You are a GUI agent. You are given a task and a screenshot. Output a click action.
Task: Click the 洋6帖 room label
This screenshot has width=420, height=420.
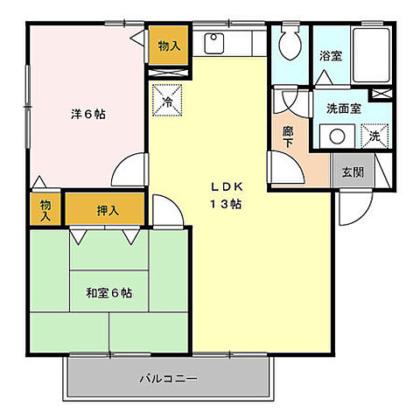coord(88,115)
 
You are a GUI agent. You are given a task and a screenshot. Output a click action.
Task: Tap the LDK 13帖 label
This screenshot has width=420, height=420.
coord(225,194)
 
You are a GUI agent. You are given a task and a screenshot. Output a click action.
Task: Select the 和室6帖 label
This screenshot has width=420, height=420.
coord(108,293)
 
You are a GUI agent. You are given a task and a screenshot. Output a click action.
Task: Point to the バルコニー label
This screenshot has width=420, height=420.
coord(168,379)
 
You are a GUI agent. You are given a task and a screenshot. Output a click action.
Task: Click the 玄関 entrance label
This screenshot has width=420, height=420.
coord(352,171)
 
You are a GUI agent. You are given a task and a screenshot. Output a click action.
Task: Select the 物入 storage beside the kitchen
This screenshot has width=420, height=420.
coord(168,45)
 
